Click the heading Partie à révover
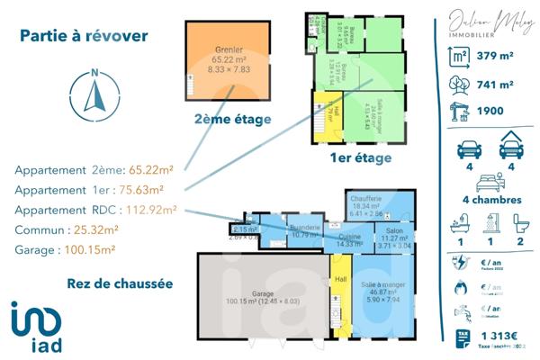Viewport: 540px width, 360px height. [84, 36]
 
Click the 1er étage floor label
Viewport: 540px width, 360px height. [361, 157]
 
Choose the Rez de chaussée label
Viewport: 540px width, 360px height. [120, 283]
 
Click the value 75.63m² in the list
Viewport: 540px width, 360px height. [141, 190]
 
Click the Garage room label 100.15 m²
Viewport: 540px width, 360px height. [263, 299]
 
